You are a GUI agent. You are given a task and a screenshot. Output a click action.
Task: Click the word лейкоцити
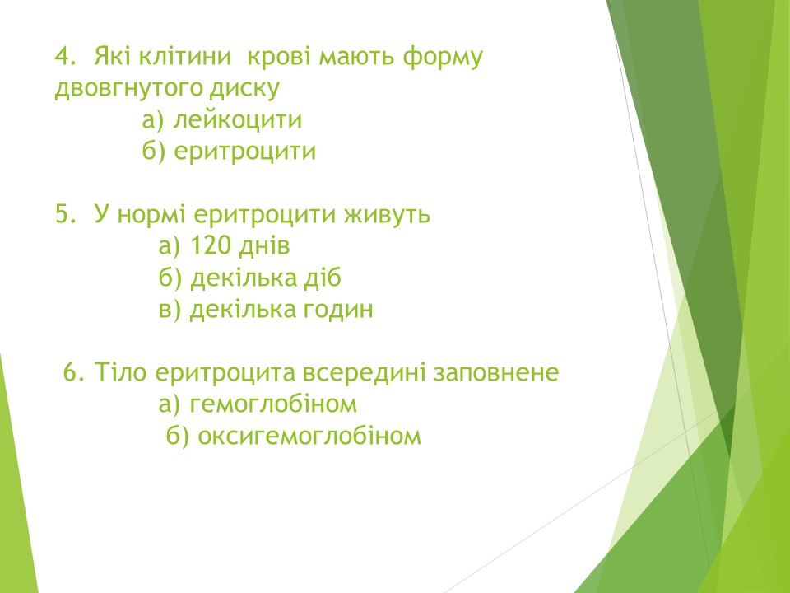point(237,120)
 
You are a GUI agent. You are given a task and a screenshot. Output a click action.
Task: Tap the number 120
point(210,245)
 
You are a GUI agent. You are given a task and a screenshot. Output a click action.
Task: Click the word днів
point(264,246)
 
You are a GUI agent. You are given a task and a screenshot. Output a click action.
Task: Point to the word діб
point(323,278)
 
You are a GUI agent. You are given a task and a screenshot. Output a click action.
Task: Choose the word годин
point(338,309)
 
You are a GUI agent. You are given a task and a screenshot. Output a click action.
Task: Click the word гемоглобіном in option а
point(273,404)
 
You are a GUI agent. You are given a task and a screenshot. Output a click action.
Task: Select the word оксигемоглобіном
point(309,436)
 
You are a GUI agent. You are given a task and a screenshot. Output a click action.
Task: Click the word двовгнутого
point(128,89)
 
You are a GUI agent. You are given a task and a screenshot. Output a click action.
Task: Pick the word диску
point(244,88)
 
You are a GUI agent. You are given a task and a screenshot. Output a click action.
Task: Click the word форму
point(443,58)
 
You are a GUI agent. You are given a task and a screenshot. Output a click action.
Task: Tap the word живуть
point(387,215)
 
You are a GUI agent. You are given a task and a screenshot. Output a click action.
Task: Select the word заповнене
point(495,373)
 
